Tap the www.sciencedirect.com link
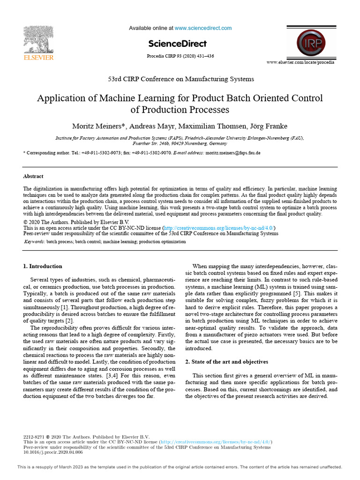click(x=203, y=28)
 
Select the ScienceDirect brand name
click(x=177, y=44)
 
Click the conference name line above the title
click(x=180, y=79)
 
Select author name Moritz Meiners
click(x=97, y=126)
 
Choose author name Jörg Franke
click(x=268, y=126)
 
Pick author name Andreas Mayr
click(x=150, y=126)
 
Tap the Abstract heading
click(x=33, y=176)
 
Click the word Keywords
click(x=34, y=242)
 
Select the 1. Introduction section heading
click(x=43, y=266)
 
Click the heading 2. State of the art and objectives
click(x=226, y=362)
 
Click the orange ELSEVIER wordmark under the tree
click(x=39, y=58)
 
